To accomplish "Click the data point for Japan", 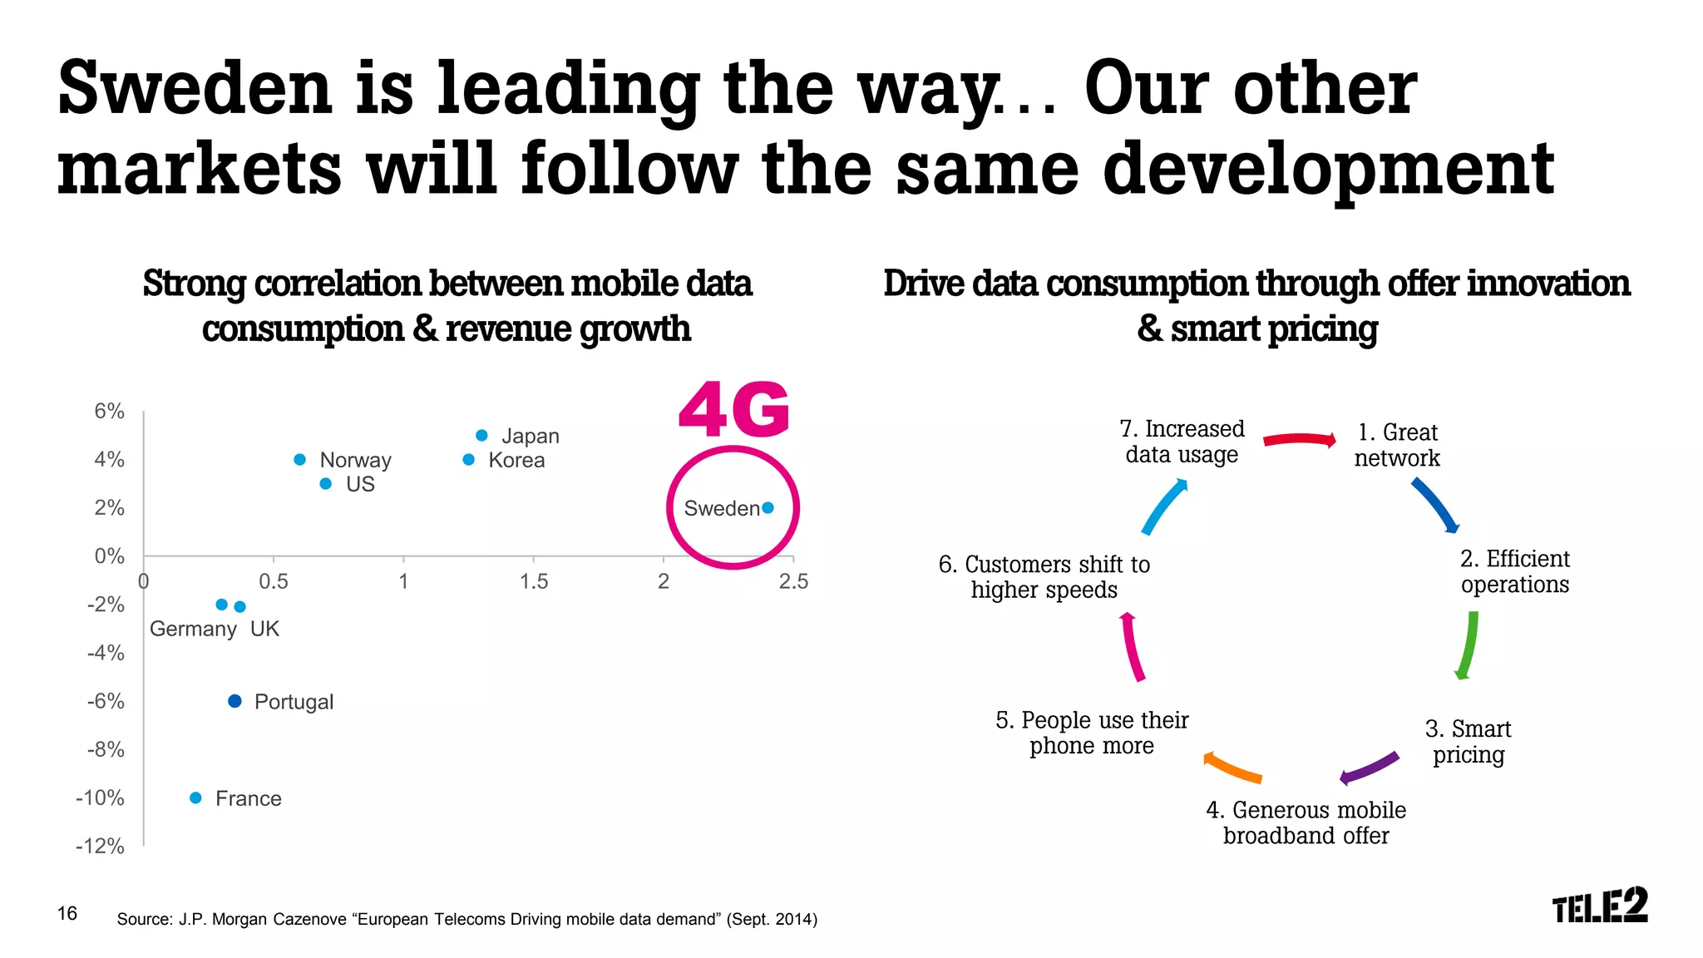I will [x=481, y=436].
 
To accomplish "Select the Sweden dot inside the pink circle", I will [x=768, y=508].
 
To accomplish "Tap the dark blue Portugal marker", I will [x=234, y=701].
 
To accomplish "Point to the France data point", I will [x=195, y=798].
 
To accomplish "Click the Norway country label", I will [x=355, y=460].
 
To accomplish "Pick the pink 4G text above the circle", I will [x=733, y=410].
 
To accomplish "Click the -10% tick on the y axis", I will [x=101, y=798].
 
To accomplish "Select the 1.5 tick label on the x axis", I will [x=534, y=581].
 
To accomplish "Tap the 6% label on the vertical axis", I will [x=109, y=412].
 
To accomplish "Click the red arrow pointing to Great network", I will [x=1299, y=439].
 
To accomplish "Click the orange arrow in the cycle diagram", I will [x=1232, y=768].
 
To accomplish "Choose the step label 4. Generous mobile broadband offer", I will [x=1306, y=822].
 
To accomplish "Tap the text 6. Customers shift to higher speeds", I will [x=1044, y=577].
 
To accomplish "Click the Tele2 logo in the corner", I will [x=1599, y=906].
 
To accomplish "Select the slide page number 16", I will [x=67, y=913].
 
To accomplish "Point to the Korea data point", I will [x=469, y=460].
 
